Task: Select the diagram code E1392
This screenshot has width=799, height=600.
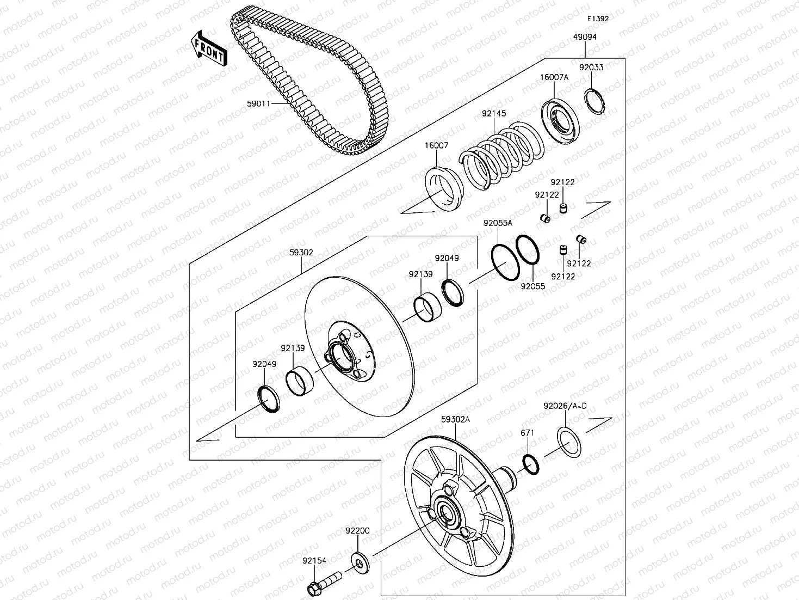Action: (x=597, y=18)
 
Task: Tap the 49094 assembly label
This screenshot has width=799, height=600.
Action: (x=585, y=37)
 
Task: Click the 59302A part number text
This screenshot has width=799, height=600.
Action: (x=456, y=419)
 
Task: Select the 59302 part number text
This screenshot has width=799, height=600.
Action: (x=301, y=253)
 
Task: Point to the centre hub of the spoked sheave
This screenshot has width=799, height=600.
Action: (x=447, y=511)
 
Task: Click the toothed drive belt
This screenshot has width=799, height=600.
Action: (x=305, y=82)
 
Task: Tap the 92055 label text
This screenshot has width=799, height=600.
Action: (x=532, y=286)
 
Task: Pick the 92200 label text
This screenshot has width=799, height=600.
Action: (x=357, y=531)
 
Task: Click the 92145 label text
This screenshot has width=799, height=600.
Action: (x=493, y=114)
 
